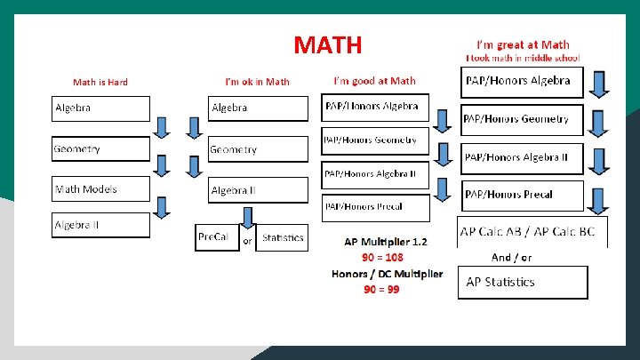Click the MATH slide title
pyautogui.click(x=327, y=44)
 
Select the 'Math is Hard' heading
pyautogui.click(x=100, y=83)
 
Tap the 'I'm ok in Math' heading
pyautogui.click(x=257, y=83)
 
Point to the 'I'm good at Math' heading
pyautogui.click(x=374, y=81)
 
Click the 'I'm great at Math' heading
pyautogui.click(x=523, y=44)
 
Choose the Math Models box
pyautogui.click(x=100, y=189)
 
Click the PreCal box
pyautogui.click(x=217, y=237)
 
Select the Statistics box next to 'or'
pyautogui.click(x=282, y=237)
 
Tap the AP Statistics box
pyautogui.click(x=523, y=282)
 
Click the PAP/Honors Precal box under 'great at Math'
pyautogui.click(x=523, y=195)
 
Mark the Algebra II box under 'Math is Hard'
pyautogui.click(x=100, y=226)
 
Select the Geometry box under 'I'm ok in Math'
pyautogui.click(x=258, y=149)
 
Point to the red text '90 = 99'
pyautogui.click(x=381, y=290)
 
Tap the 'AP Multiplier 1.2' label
pyautogui.click(x=386, y=242)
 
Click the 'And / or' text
pyautogui.click(x=511, y=257)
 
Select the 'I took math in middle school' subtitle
pyautogui.click(x=523, y=58)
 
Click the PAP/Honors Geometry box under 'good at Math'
pyautogui.click(x=374, y=141)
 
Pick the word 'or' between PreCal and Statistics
pyautogui.click(x=248, y=240)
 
